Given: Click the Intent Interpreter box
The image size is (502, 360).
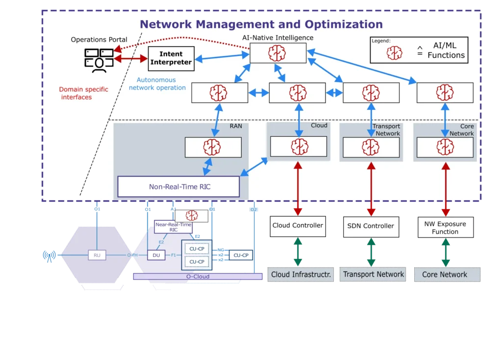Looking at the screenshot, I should click(x=171, y=58).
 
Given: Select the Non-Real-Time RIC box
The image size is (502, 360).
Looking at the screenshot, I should click(x=178, y=187).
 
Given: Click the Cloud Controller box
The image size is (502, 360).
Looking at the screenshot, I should click(x=298, y=226).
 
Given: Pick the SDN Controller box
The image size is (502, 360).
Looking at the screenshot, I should click(x=371, y=226).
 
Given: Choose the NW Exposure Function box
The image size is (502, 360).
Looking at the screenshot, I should click(x=445, y=228).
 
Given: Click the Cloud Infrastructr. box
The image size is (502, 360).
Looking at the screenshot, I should click(x=300, y=275).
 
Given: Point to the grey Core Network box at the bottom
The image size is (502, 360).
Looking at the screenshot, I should click(x=445, y=275).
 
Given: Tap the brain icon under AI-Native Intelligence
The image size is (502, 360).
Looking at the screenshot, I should click(x=277, y=53).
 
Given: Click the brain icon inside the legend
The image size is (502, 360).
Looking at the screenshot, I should click(x=394, y=53).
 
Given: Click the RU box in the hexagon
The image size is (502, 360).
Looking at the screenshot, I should click(x=97, y=255).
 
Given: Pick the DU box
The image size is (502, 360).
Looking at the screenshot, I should click(x=156, y=255).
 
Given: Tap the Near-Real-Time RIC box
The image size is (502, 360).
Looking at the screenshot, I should click(x=174, y=227).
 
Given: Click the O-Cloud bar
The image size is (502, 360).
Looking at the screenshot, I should click(x=198, y=277).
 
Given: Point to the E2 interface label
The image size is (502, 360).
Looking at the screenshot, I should click(x=161, y=242).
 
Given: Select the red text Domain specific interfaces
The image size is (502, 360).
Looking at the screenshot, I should click(x=83, y=93).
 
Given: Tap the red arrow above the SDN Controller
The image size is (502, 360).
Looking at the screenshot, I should click(x=371, y=189).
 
